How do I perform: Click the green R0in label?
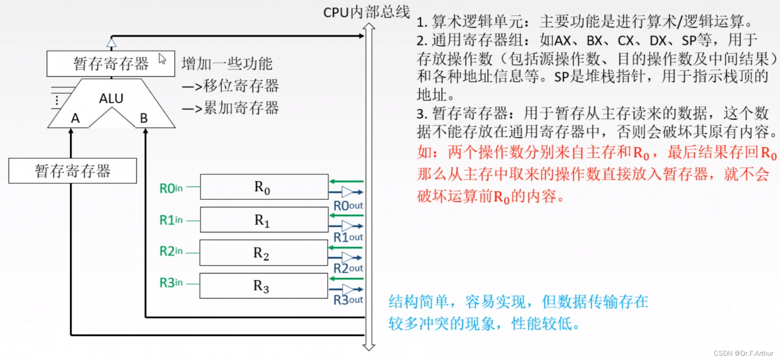pyautogui.click(x=171, y=188)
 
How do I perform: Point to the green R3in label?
pyautogui.click(x=171, y=283)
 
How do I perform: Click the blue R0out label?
pyautogui.click(x=348, y=206)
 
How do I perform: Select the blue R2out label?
pyautogui.click(x=348, y=269)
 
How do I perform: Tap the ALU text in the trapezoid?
pyautogui.click(x=111, y=99)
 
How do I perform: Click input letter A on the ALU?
pyautogui.click(x=75, y=118)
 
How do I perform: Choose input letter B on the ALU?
pyautogui.click(x=144, y=118)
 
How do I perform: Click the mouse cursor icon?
pyautogui.click(x=162, y=58)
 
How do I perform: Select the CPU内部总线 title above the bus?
pyautogui.click(x=367, y=12)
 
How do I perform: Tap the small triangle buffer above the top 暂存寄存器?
pyautogui.click(x=112, y=43)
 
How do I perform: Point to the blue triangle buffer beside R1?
pyautogui.click(x=347, y=226)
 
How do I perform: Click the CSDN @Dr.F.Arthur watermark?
pyautogui.click(x=743, y=353)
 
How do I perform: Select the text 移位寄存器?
pyautogui.click(x=241, y=86)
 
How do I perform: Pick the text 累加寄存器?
pyautogui.click(x=241, y=108)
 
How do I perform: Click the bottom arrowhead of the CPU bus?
pyautogui.click(x=369, y=347)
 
